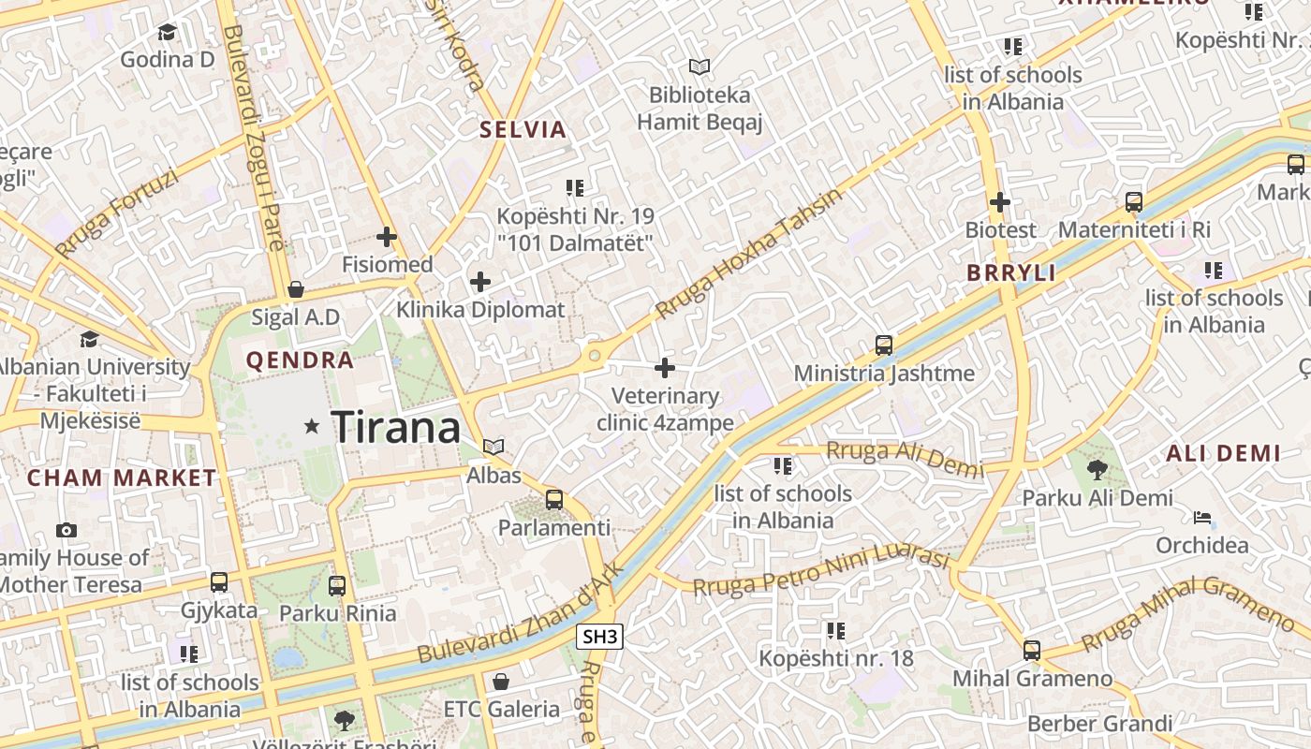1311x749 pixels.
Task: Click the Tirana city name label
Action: pos(396,428)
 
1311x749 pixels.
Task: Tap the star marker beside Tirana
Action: pos(312,427)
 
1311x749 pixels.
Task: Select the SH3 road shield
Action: pos(599,638)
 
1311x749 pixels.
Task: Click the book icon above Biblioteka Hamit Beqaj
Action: pos(700,66)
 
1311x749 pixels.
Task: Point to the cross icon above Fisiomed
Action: pos(387,238)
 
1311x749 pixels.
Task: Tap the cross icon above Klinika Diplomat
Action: pos(480,282)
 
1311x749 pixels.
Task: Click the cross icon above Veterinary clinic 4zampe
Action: pos(665,368)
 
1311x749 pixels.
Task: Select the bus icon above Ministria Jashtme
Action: pos(883,345)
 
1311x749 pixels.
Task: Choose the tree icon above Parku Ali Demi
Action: pos(1097,470)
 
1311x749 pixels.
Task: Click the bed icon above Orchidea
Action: pos(1202,518)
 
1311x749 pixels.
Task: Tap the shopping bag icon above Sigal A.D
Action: pos(296,289)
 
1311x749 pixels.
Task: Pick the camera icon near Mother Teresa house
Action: pos(66,531)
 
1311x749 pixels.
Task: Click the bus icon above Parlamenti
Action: pos(554,500)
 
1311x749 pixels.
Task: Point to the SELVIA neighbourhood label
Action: pos(523,130)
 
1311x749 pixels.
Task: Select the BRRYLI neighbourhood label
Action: pos(1011,273)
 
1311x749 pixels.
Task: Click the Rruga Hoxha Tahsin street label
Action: pos(748,254)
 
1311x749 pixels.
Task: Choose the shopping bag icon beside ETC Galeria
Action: pos(501,682)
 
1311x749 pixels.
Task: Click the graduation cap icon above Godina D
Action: pos(167,33)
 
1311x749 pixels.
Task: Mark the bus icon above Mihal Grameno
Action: pos(1032,650)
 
